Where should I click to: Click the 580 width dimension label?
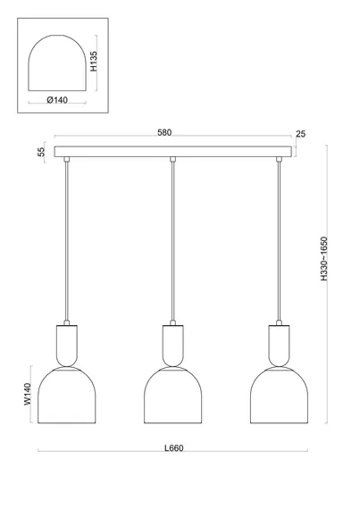tap(164, 132)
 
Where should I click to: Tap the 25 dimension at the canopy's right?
tap(300, 134)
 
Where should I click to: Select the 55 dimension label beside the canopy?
tap(42, 152)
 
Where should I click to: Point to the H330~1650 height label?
tap(324, 259)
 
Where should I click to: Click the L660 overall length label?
tap(173, 448)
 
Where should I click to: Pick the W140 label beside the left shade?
tap(28, 394)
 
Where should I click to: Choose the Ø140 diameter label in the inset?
tap(57, 100)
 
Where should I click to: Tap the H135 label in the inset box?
tap(93, 61)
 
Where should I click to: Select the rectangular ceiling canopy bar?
tap(173, 152)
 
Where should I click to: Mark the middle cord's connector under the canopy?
tap(173, 159)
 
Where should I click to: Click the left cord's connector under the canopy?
tap(67, 159)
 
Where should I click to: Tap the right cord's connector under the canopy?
tap(279, 159)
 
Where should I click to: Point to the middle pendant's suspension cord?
tap(173, 241)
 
